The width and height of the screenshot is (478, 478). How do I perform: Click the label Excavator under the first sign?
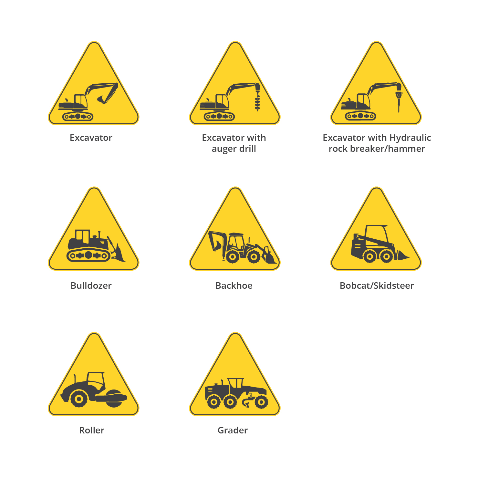(x=91, y=138)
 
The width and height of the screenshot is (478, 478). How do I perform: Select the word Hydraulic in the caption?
(x=410, y=138)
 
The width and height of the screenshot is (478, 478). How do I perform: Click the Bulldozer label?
(x=91, y=286)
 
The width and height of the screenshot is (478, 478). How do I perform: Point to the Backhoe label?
(x=234, y=286)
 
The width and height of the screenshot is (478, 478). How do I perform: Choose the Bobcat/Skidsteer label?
(x=377, y=286)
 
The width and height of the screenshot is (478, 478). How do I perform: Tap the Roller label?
(x=92, y=430)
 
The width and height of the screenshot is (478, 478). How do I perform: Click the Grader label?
(x=233, y=430)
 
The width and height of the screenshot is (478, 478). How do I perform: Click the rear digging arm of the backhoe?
(x=216, y=241)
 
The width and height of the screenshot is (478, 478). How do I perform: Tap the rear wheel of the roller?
(x=78, y=399)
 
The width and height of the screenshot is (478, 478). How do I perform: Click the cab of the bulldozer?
(x=82, y=237)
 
